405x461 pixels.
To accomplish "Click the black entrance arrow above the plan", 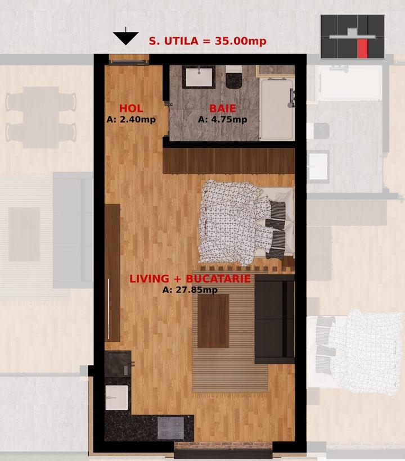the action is point(126,37).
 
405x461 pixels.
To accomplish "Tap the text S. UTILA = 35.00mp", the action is point(208,41).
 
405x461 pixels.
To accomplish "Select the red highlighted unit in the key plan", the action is point(363,48).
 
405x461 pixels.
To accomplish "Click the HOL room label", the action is point(131,109).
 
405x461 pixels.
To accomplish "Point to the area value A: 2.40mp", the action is point(131,120).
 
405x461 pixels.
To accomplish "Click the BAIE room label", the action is point(222,109).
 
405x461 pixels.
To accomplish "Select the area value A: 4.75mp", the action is point(223,120).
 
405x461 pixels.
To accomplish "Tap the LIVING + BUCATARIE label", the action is point(190,279).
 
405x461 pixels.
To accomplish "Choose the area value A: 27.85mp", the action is point(190,290).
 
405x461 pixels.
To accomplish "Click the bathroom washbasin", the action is point(199,76).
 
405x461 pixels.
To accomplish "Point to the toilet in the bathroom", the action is point(234,76).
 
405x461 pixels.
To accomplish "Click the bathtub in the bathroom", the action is point(277,109).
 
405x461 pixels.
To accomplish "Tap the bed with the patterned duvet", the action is point(246,223).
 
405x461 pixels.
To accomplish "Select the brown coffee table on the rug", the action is point(213,321).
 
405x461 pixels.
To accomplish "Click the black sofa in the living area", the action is point(274,319).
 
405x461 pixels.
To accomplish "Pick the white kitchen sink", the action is point(117,397).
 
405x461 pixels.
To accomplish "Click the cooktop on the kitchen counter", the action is point(170,428).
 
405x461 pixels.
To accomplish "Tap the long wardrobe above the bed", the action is point(229,161).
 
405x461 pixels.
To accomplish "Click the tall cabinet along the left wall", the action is point(112,273).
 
